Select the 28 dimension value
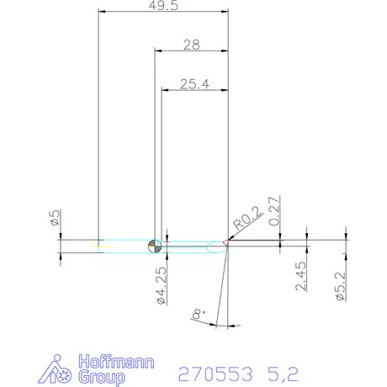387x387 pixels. (x=190, y=45)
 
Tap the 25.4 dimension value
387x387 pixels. (x=194, y=84)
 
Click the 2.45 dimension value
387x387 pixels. (x=301, y=275)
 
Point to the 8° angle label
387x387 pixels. (x=199, y=315)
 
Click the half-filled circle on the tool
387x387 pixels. (x=154, y=246)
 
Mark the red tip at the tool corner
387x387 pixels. (x=225, y=244)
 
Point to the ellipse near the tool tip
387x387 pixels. (x=213, y=246)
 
